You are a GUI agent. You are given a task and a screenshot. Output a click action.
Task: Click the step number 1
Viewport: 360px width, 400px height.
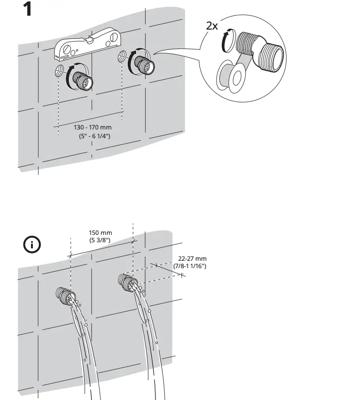tap(27, 9)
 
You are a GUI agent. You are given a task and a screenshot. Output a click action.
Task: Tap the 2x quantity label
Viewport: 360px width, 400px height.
tap(212, 26)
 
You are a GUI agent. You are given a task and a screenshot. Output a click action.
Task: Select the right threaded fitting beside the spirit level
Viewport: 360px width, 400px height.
tap(144, 66)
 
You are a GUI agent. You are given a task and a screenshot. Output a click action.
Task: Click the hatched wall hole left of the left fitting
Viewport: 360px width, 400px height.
tap(59, 71)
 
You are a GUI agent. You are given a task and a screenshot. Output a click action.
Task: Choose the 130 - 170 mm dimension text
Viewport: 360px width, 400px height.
tap(93, 127)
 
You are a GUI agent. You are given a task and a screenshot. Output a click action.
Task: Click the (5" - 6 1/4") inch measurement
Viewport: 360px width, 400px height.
tap(94, 135)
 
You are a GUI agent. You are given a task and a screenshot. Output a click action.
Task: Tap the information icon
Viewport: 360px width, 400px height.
tap(32, 244)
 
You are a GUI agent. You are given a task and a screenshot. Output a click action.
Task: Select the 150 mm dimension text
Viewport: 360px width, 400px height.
tap(100, 233)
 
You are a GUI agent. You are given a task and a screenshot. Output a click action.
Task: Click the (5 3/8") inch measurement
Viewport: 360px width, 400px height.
tap(100, 240)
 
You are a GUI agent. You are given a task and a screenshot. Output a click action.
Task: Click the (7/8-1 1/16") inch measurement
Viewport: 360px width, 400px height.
tap(190, 266)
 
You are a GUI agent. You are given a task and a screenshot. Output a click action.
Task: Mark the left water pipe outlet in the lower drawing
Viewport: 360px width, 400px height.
tap(65, 295)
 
